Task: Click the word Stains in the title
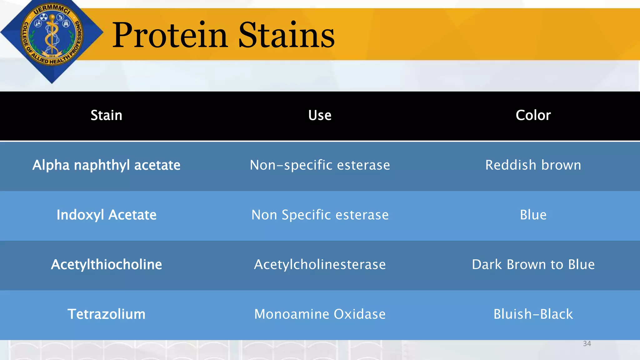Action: click(286, 35)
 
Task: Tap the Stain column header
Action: click(106, 115)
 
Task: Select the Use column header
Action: click(320, 115)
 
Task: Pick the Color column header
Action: click(533, 115)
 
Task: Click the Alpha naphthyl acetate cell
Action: click(106, 165)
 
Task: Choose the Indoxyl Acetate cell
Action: click(106, 215)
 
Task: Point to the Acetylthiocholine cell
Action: click(106, 264)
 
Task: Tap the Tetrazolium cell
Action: click(106, 314)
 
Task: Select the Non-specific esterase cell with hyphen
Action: click(320, 165)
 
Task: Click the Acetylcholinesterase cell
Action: click(320, 264)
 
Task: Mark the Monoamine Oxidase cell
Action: click(320, 314)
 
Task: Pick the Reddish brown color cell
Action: click(533, 165)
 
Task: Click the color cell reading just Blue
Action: click(533, 215)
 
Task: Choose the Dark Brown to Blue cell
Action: click(533, 264)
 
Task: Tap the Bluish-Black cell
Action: click(533, 314)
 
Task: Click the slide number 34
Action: click(587, 344)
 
